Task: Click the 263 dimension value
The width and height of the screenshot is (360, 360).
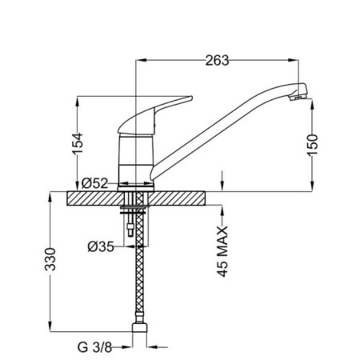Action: point(217,61)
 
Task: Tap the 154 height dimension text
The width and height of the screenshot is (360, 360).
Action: point(78,143)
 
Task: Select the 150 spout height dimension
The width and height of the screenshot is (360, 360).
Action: point(313,145)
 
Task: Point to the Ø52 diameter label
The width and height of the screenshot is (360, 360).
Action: point(94,183)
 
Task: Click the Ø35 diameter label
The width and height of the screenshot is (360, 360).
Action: point(101,246)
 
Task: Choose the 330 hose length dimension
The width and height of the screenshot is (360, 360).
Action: point(50,259)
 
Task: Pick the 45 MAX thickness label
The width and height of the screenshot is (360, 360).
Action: point(222,251)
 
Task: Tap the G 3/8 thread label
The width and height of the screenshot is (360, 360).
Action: point(94,347)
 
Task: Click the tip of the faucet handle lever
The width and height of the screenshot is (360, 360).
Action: point(191,98)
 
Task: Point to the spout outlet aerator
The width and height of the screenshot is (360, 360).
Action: point(298,97)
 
